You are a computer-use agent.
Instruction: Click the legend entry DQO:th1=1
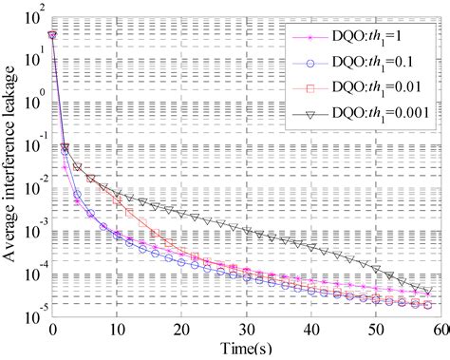coord(375,39)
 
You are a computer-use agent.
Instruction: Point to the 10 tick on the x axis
coord(116,329)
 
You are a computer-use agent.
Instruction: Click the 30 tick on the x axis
coord(246,329)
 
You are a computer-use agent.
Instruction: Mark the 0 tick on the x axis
coord(52,329)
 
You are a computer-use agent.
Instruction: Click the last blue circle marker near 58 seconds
coord(428,305)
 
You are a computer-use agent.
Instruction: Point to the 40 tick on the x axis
coord(310,329)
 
